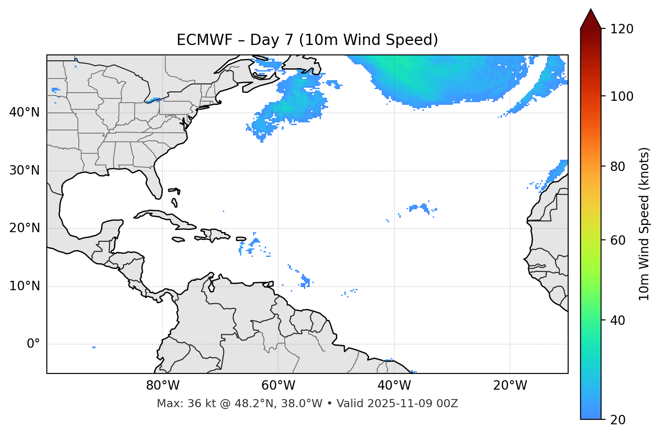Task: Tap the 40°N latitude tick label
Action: (x=24, y=112)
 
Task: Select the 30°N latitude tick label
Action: (x=24, y=171)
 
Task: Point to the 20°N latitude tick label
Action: (x=24, y=228)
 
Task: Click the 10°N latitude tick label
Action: (x=24, y=286)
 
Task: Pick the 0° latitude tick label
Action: (x=33, y=344)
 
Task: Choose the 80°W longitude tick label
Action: (x=163, y=386)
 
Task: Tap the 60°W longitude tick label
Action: (x=278, y=386)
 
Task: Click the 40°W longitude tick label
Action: (x=394, y=386)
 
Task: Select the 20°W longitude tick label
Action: (x=510, y=386)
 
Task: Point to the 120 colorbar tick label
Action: (x=622, y=29)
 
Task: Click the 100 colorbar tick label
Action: (x=622, y=96)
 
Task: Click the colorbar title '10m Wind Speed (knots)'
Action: (x=644, y=224)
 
